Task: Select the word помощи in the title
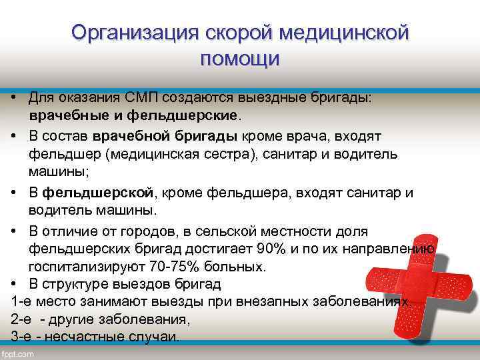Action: [x=240, y=59]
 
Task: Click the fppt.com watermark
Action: [x=18, y=353]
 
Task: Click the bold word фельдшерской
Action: [x=99, y=193]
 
